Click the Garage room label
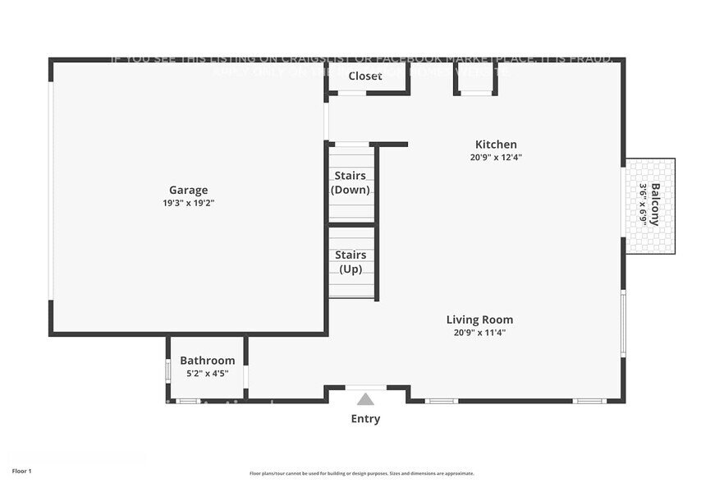click(x=188, y=190)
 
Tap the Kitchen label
click(x=496, y=145)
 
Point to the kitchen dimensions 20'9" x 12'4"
click(x=496, y=157)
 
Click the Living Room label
click(x=479, y=320)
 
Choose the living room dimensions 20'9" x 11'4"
click(x=479, y=333)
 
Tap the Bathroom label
click(x=207, y=361)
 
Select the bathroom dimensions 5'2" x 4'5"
click(x=207, y=373)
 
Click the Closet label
click(x=365, y=76)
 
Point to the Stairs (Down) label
click(x=351, y=182)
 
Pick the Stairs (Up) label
click(x=351, y=262)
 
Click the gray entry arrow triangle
click(x=365, y=399)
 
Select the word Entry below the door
click(x=365, y=419)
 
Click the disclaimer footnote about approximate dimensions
click(x=361, y=473)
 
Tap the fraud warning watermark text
click(x=361, y=59)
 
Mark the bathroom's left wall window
click(x=167, y=369)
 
